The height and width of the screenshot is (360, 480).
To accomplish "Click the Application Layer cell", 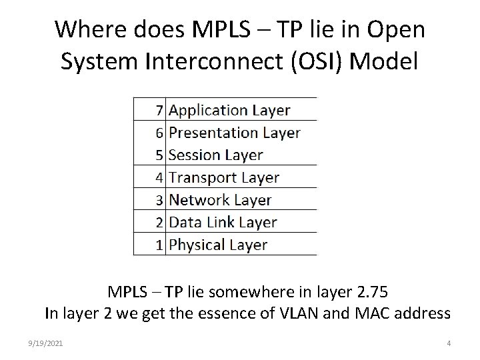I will point(229,110).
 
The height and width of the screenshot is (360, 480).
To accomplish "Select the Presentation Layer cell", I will point(234,133).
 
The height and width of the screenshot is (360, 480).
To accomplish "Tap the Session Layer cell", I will point(215,155).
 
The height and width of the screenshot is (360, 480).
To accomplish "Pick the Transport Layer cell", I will point(223,178).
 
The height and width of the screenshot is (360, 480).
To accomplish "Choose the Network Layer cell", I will point(220,200).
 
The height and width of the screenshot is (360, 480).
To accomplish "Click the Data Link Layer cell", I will point(223,223).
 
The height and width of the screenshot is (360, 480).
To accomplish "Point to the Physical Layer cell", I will point(217,245).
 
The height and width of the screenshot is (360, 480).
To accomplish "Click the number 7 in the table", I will point(159,110).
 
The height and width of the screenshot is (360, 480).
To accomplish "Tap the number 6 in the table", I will point(159,133).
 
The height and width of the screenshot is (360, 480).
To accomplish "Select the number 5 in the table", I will point(159,155).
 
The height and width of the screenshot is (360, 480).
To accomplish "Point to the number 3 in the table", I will point(159,200).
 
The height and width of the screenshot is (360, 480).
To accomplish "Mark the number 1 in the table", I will point(159,245).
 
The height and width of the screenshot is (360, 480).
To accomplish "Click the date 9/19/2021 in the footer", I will point(46,343).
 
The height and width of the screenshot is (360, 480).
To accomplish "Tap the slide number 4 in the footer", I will point(449,343).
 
